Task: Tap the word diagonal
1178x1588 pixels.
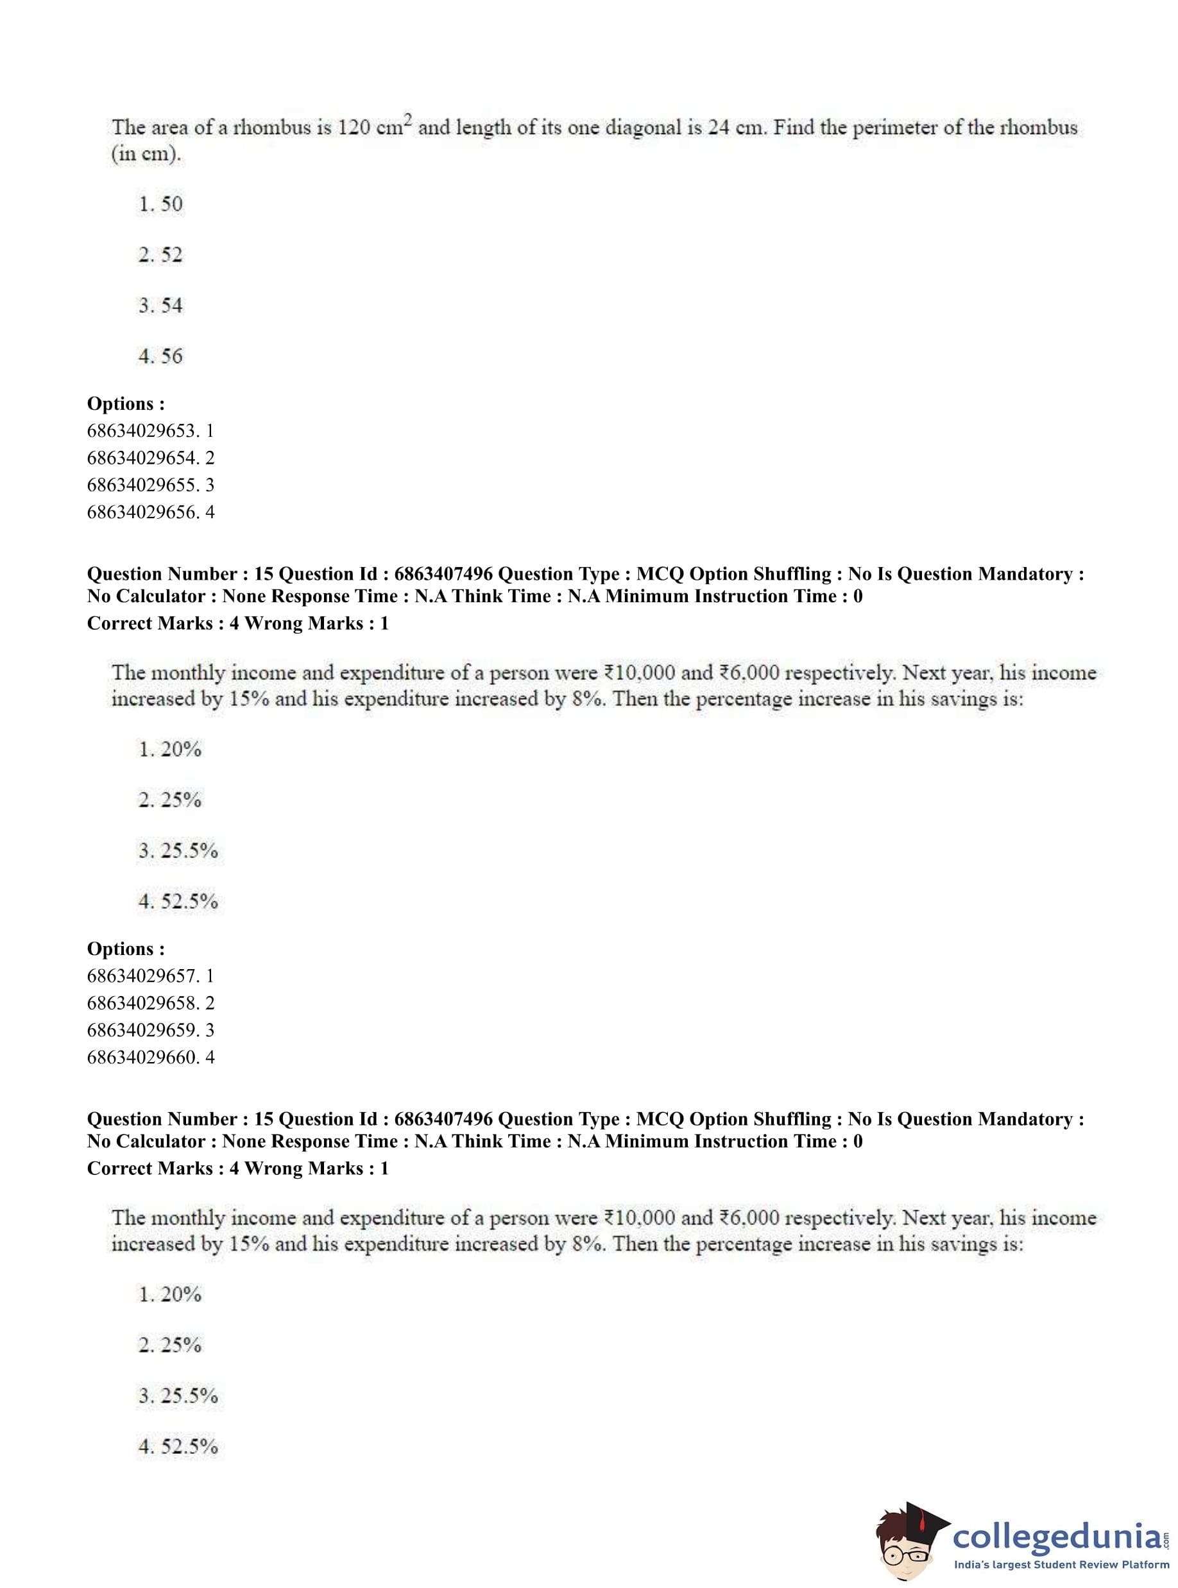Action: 642,128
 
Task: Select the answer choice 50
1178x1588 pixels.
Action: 171,205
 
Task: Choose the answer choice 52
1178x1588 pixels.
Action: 171,255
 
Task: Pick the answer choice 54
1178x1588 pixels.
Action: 171,306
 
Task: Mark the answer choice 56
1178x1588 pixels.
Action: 171,357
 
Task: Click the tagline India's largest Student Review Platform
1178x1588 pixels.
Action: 1061,1564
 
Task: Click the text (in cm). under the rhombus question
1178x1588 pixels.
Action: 146,155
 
